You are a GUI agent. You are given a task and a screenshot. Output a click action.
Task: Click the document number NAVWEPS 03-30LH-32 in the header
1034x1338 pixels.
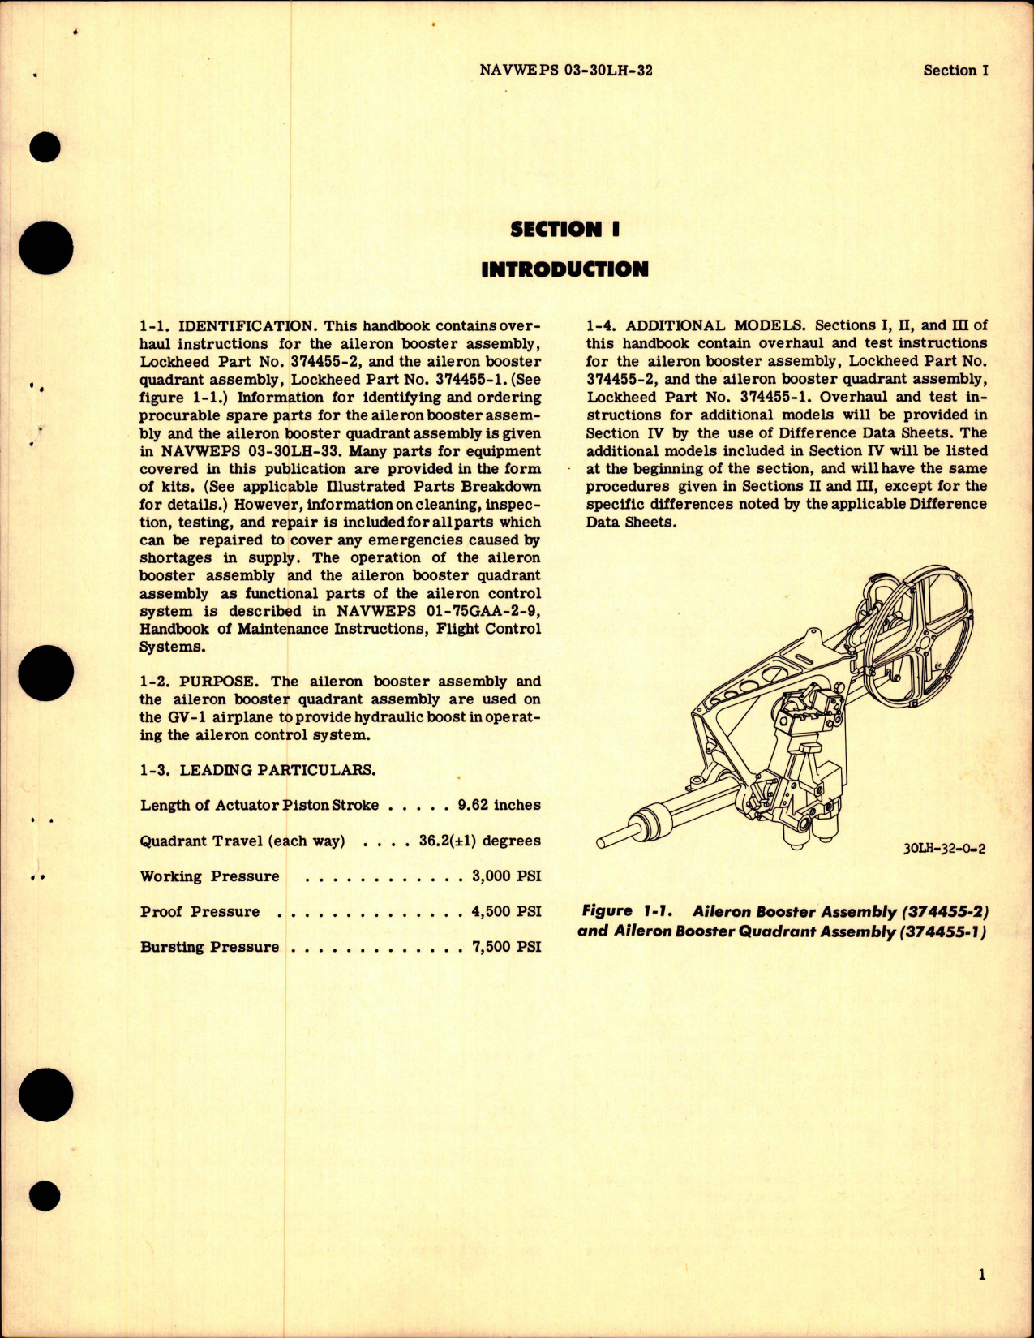tap(566, 71)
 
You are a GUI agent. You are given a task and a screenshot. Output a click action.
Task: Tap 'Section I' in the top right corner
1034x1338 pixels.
tap(955, 71)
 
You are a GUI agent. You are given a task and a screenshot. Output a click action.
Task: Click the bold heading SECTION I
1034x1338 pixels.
tap(564, 230)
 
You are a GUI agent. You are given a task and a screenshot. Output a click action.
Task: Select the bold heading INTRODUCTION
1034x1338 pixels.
tap(564, 269)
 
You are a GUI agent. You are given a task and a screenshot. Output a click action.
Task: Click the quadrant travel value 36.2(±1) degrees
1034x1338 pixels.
tap(479, 841)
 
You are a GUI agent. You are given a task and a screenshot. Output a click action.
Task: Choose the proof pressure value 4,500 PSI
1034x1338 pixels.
tap(506, 911)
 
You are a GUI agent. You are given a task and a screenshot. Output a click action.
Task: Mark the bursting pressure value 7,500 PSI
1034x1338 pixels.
tap(506, 947)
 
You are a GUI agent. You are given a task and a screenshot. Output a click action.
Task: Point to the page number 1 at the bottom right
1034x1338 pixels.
tap(981, 1275)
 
